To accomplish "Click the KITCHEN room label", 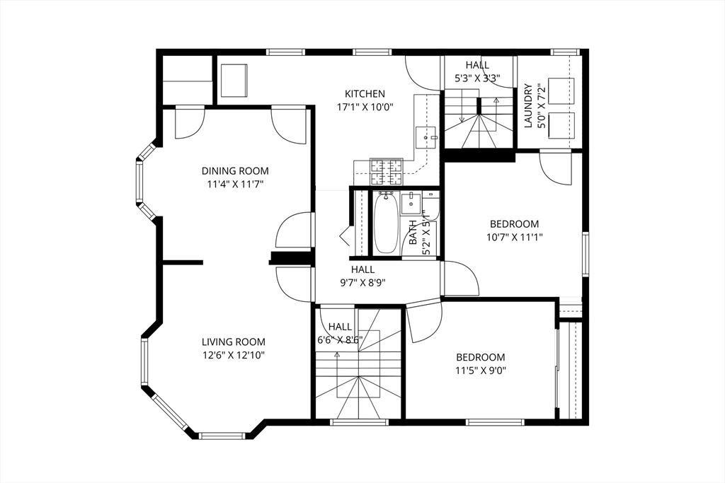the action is pos(365,94).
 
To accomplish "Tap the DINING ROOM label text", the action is pos(235,171).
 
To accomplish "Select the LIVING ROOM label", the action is pos(234,342).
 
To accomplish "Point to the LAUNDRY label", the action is pos(529,106).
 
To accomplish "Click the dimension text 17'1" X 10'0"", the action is pos(365,107).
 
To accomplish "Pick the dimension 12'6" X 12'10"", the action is pos(234,356).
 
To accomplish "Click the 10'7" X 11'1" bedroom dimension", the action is pos(514,238).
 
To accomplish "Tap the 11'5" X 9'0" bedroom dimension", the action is pos(481,371).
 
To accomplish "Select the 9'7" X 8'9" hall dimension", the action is pos(363,283).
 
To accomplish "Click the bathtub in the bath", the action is pos(386,223).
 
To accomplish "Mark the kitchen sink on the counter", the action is pos(426,137).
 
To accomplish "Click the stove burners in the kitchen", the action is pos(387,171).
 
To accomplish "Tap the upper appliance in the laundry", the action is pos(561,91).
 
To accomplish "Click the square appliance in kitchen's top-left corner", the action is pos(234,81).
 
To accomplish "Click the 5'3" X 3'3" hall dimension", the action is pos(478,78).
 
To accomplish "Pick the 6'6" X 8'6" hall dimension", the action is pos(340,340).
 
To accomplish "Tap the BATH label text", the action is pos(413,232).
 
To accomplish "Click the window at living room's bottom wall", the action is pos(222,436).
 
